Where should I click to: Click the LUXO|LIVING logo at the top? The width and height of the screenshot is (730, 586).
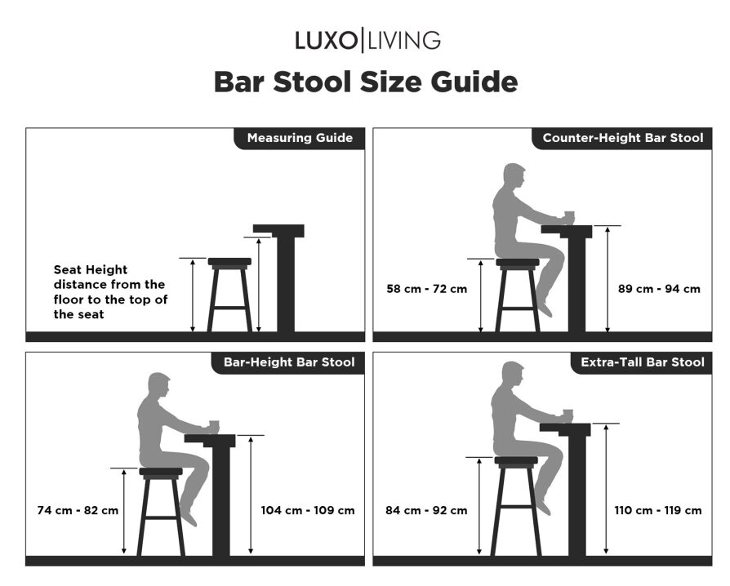(x=367, y=40)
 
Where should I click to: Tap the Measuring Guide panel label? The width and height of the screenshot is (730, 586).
(x=300, y=138)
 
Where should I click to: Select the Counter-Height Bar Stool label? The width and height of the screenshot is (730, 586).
(x=623, y=138)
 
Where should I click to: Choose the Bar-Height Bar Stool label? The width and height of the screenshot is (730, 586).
(x=289, y=362)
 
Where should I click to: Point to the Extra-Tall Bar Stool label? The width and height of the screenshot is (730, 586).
(x=643, y=362)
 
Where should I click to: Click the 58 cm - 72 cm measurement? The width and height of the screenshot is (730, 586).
(x=426, y=289)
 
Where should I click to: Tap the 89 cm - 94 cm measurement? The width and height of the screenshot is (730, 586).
(x=659, y=289)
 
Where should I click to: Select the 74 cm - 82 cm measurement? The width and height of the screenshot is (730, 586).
(x=78, y=511)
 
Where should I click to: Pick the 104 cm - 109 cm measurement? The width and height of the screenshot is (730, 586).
(x=308, y=511)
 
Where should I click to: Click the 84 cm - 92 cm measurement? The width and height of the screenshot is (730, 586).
(x=426, y=511)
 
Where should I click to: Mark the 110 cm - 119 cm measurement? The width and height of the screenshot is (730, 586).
(x=658, y=511)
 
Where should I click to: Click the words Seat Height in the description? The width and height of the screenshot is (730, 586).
(x=91, y=270)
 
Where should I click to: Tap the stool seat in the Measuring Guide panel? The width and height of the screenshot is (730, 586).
(x=229, y=262)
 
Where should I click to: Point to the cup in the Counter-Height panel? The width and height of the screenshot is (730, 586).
(x=569, y=216)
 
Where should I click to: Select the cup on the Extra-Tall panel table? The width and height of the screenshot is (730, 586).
(x=568, y=415)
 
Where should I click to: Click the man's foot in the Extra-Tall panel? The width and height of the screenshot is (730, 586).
(x=544, y=506)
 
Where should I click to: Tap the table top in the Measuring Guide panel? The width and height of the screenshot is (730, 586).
(x=278, y=231)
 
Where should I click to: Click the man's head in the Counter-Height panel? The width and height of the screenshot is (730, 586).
(x=514, y=177)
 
